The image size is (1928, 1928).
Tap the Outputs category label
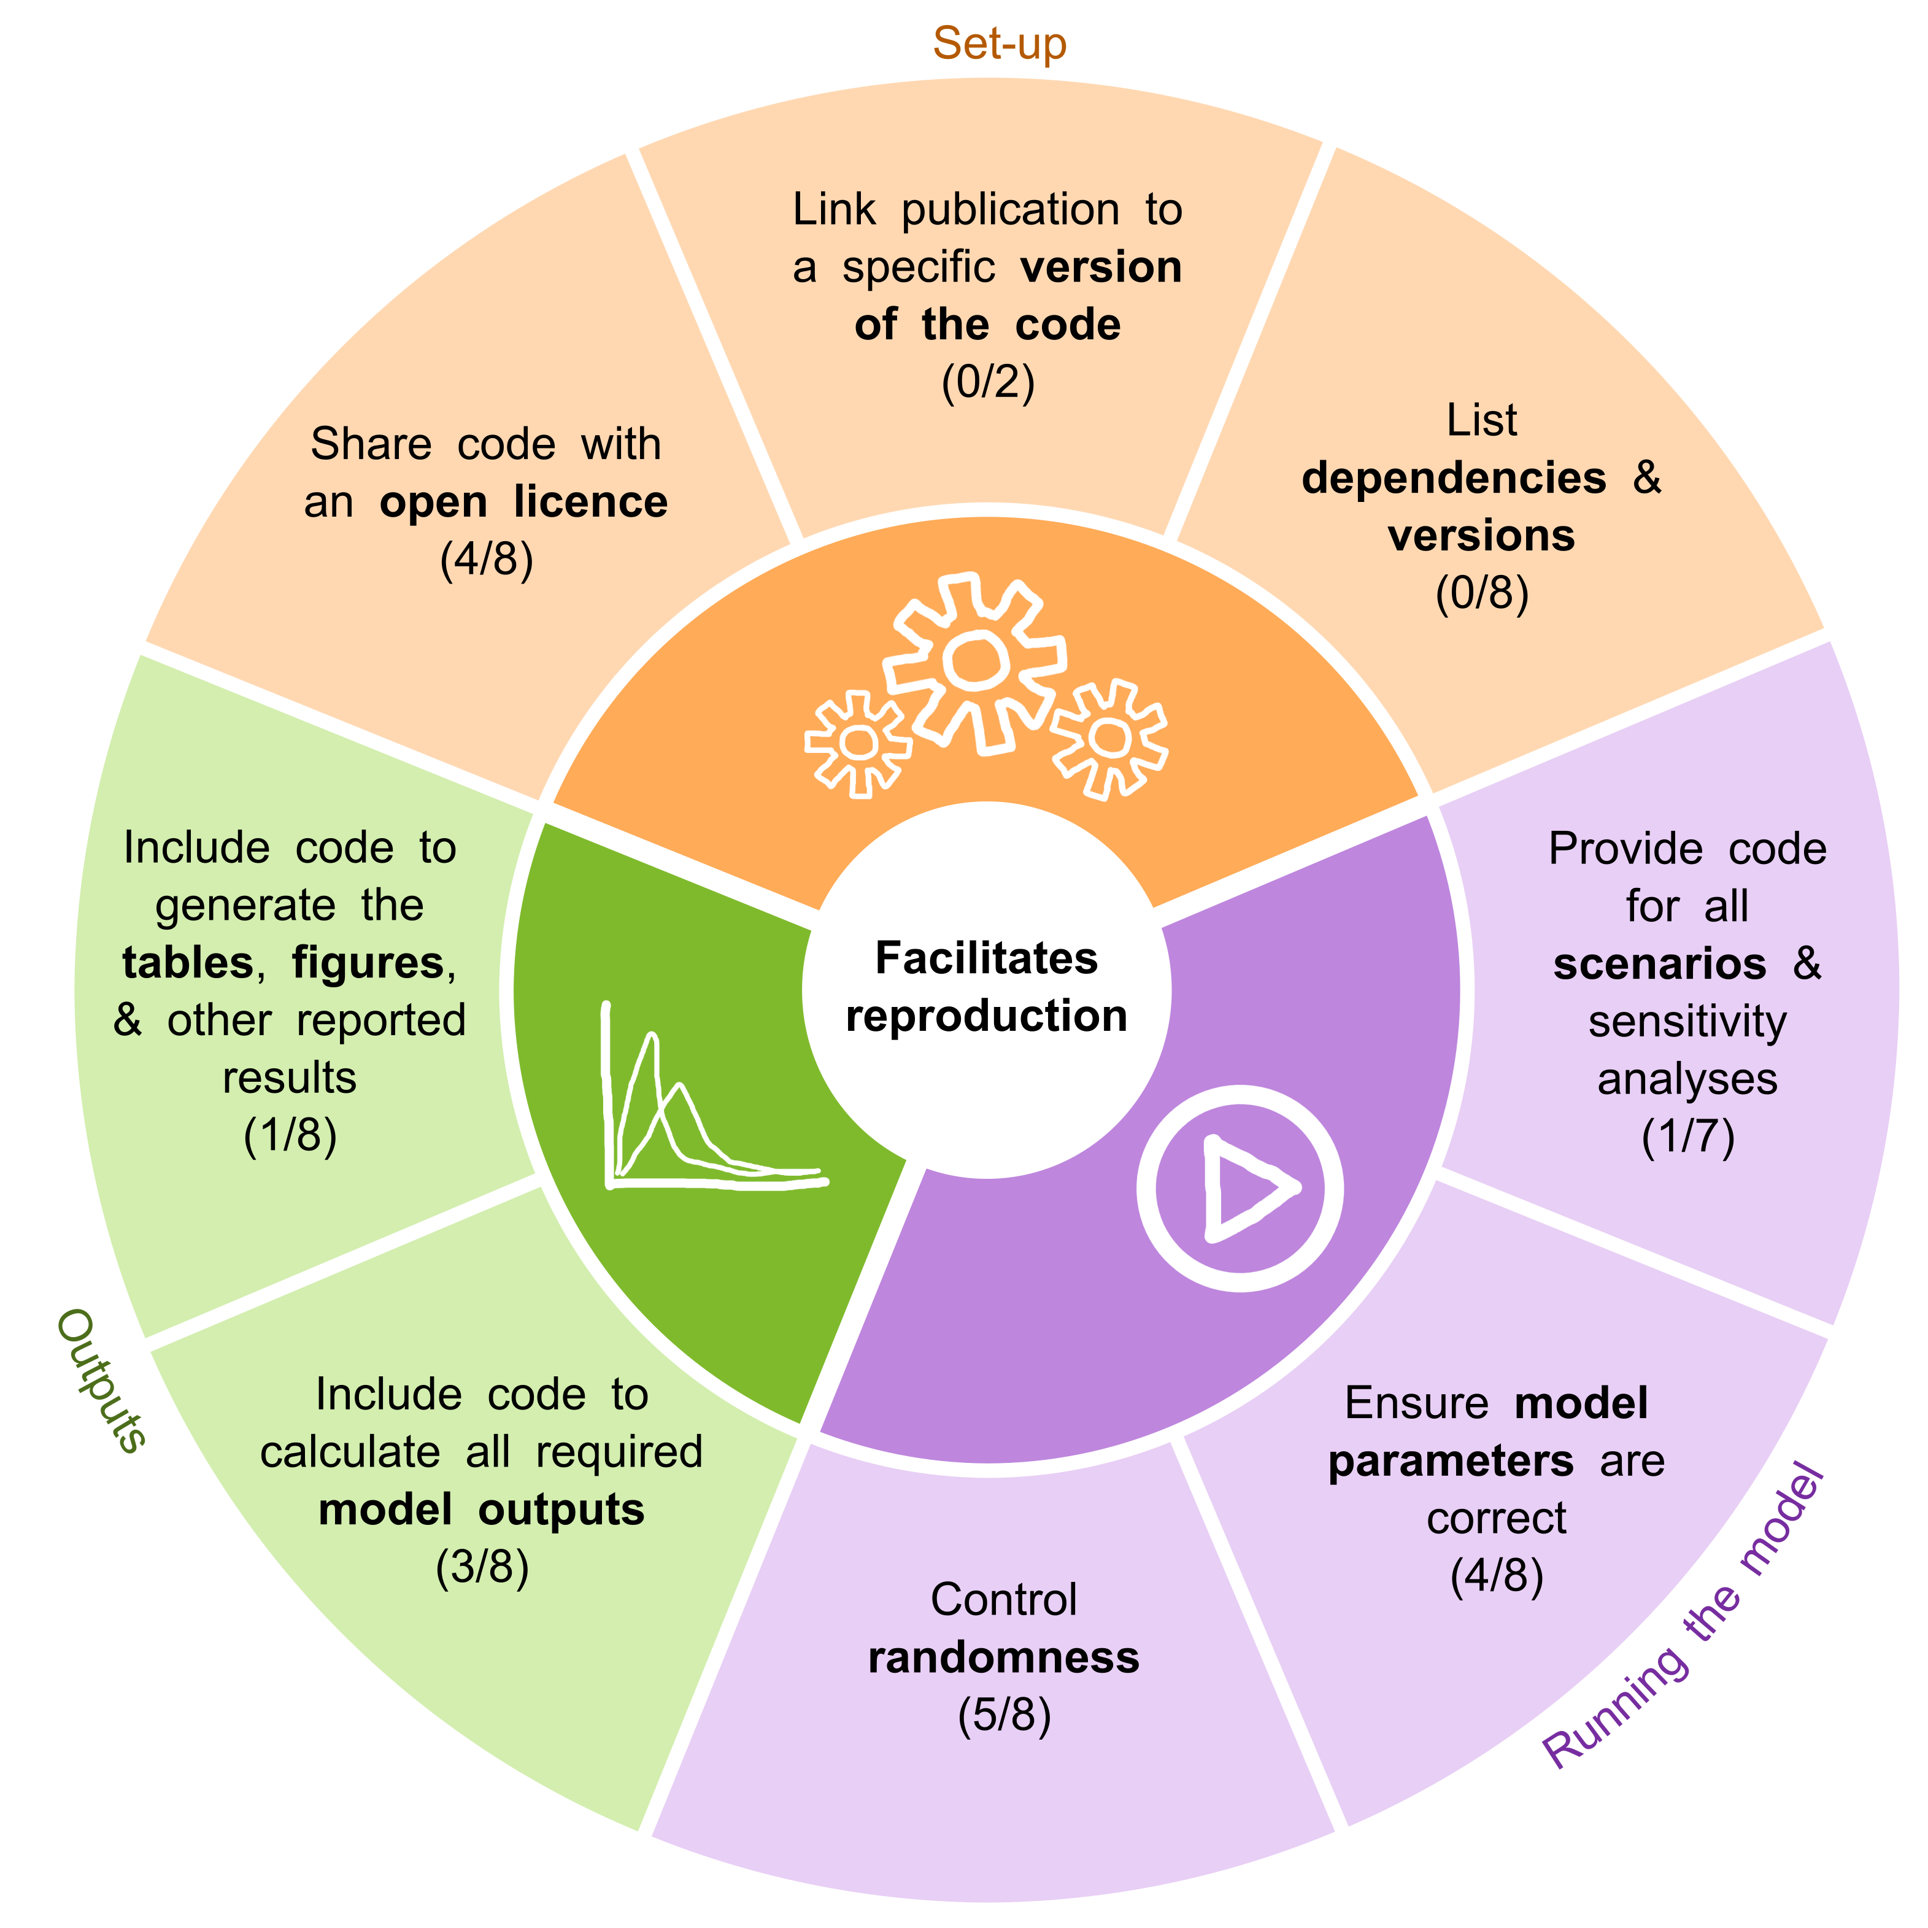[x=101, y=1381]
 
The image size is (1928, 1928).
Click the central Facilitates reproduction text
[x=986, y=987]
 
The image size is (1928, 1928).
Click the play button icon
[x=1240, y=1187]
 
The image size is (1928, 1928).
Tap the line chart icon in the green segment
[x=698, y=1108]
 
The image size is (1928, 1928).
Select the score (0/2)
[x=988, y=382]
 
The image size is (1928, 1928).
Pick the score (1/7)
[x=1687, y=1136]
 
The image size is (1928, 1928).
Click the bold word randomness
[x=1004, y=1657]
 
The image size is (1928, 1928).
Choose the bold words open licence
[x=523, y=502]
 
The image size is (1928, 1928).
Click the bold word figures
[x=367, y=963]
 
